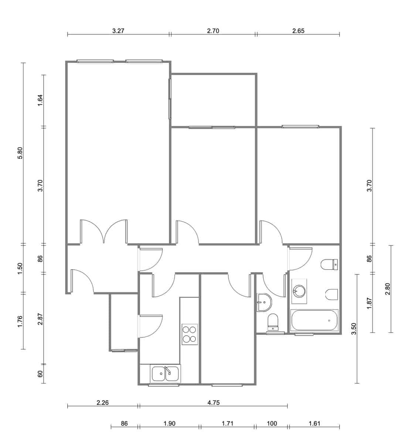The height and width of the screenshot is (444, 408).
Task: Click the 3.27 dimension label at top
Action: [118, 31]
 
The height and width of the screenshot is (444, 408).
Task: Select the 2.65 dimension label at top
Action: [298, 31]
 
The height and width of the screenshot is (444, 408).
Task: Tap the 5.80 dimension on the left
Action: [20, 153]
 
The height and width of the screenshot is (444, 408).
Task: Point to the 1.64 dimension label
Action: [41, 100]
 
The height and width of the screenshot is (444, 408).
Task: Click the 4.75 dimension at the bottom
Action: [213, 403]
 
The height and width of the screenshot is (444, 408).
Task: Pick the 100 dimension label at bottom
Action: [271, 424]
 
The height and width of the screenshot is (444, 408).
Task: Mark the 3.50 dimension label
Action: [354, 329]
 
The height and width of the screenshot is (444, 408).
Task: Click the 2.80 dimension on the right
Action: [387, 289]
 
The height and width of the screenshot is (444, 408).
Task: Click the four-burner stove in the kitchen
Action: [190, 334]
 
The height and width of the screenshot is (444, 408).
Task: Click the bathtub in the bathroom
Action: [314, 320]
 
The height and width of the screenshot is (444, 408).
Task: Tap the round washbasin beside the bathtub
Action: [299, 290]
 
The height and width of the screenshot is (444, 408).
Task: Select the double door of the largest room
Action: [104, 232]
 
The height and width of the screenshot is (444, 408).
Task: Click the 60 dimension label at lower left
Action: [41, 374]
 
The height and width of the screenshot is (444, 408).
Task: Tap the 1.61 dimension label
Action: [314, 424]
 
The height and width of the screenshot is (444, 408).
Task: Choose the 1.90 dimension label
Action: [169, 424]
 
